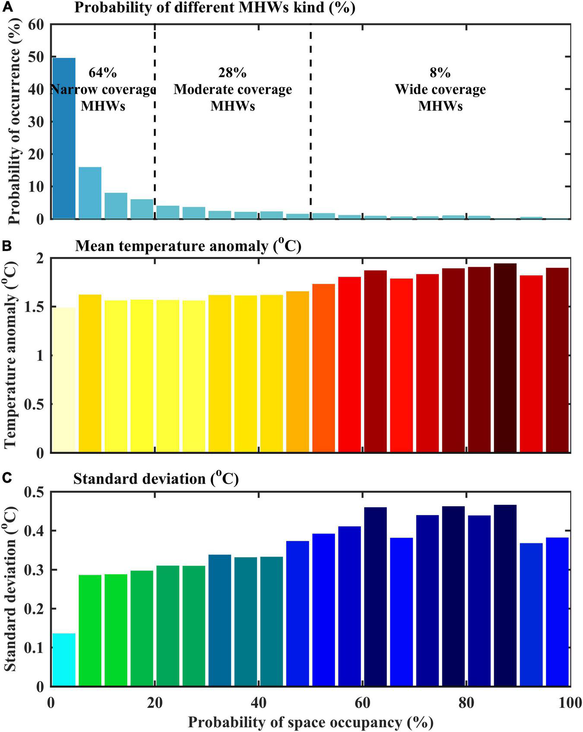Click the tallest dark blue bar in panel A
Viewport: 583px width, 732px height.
click(63, 138)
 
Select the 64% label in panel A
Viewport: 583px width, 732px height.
click(102, 73)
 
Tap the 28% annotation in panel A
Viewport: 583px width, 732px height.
click(232, 73)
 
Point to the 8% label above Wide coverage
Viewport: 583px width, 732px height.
click(440, 73)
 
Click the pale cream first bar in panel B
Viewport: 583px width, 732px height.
click(63, 380)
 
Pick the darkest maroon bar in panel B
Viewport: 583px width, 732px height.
click(505, 358)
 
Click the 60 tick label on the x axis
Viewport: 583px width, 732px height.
click(362, 703)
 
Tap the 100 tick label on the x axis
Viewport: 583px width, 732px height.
click(570, 703)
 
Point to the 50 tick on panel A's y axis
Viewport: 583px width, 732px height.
click(36, 57)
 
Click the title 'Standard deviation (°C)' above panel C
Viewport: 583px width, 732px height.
click(155, 479)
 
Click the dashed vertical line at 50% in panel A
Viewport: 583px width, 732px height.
click(311, 130)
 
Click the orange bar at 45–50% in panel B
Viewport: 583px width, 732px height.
click(298, 371)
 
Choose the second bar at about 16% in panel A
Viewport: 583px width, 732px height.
click(90, 193)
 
